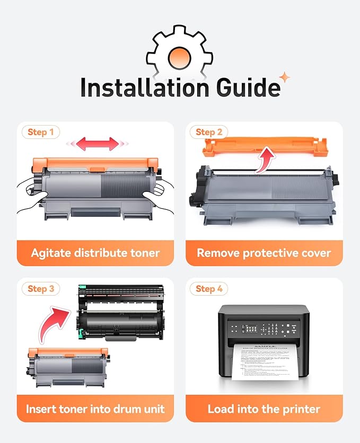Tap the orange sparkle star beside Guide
click(285, 78)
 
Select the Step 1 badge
click(40, 132)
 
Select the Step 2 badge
click(209, 132)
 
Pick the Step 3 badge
click(40, 288)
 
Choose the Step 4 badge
click(209, 288)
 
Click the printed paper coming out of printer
click(264, 363)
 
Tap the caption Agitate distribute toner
click(95, 253)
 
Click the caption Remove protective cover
click(264, 253)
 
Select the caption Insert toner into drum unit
click(95, 409)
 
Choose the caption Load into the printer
click(264, 409)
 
